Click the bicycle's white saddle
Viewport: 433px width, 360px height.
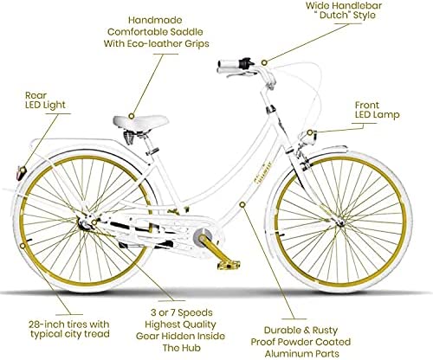(140, 121)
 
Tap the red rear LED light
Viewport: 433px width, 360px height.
(21, 173)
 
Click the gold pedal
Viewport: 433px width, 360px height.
(229, 264)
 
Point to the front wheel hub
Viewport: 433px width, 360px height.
(340, 222)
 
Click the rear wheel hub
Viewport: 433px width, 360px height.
(84, 223)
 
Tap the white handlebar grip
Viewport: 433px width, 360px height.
(228, 67)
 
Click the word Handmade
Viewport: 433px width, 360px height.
(155, 20)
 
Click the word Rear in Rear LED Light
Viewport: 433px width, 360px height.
(36, 95)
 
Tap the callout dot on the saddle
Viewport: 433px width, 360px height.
(132, 116)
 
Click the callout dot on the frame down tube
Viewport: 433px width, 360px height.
(242, 204)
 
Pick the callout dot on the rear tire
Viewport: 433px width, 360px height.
(23, 246)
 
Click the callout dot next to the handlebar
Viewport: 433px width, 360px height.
(264, 62)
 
